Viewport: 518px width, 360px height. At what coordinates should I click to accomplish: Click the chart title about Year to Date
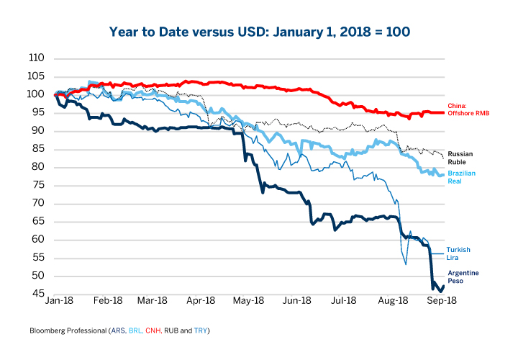point(259,32)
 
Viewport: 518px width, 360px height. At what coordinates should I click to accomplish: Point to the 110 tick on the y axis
point(36,58)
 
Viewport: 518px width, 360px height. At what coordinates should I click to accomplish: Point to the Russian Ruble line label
point(460,158)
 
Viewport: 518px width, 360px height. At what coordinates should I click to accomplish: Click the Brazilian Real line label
point(463,177)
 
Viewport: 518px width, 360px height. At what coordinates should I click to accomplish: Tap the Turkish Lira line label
point(458,253)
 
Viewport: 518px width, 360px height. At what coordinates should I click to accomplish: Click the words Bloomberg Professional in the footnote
point(68,330)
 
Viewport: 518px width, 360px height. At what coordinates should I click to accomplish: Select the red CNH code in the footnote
point(155,330)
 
